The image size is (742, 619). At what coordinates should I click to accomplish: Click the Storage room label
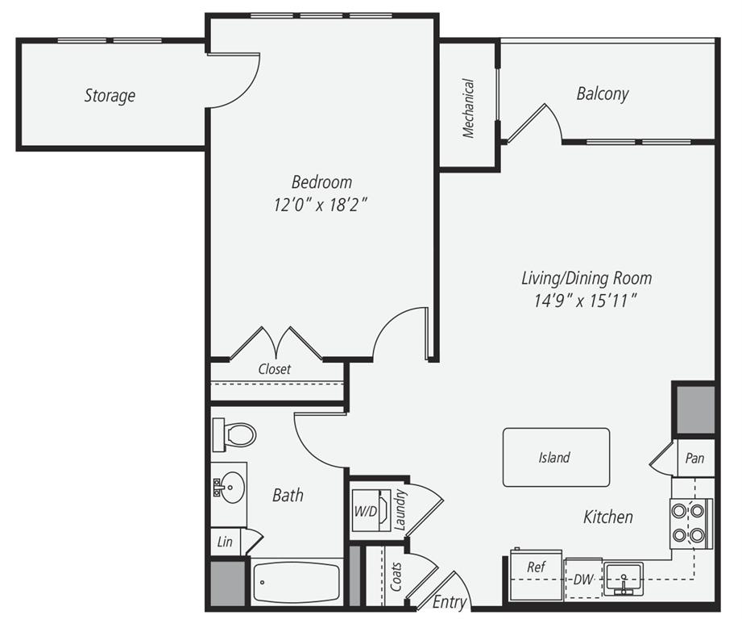click(110, 96)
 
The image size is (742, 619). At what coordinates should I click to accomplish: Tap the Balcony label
click(602, 93)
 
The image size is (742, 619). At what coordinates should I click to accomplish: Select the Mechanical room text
click(468, 108)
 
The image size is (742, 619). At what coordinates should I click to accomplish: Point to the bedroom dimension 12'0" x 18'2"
click(321, 205)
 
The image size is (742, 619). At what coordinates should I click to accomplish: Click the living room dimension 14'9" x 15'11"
click(586, 301)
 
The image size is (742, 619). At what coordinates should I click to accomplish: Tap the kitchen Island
click(555, 457)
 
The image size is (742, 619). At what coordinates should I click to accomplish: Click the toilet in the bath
click(234, 435)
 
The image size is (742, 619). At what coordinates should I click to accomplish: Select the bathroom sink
click(230, 487)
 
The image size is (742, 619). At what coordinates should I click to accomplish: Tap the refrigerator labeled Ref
click(536, 575)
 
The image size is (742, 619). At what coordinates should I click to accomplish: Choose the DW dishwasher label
click(582, 579)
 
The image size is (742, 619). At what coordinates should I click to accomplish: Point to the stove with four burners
click(690, 522)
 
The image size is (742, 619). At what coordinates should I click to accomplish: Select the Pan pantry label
click(694, 459)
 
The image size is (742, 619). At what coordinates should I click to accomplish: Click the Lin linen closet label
click(225, 542)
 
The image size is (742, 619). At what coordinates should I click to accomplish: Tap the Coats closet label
click(396, 578)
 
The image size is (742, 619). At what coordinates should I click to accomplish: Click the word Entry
click(449, 602)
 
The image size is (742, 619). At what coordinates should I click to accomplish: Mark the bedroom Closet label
click(274, 369)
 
